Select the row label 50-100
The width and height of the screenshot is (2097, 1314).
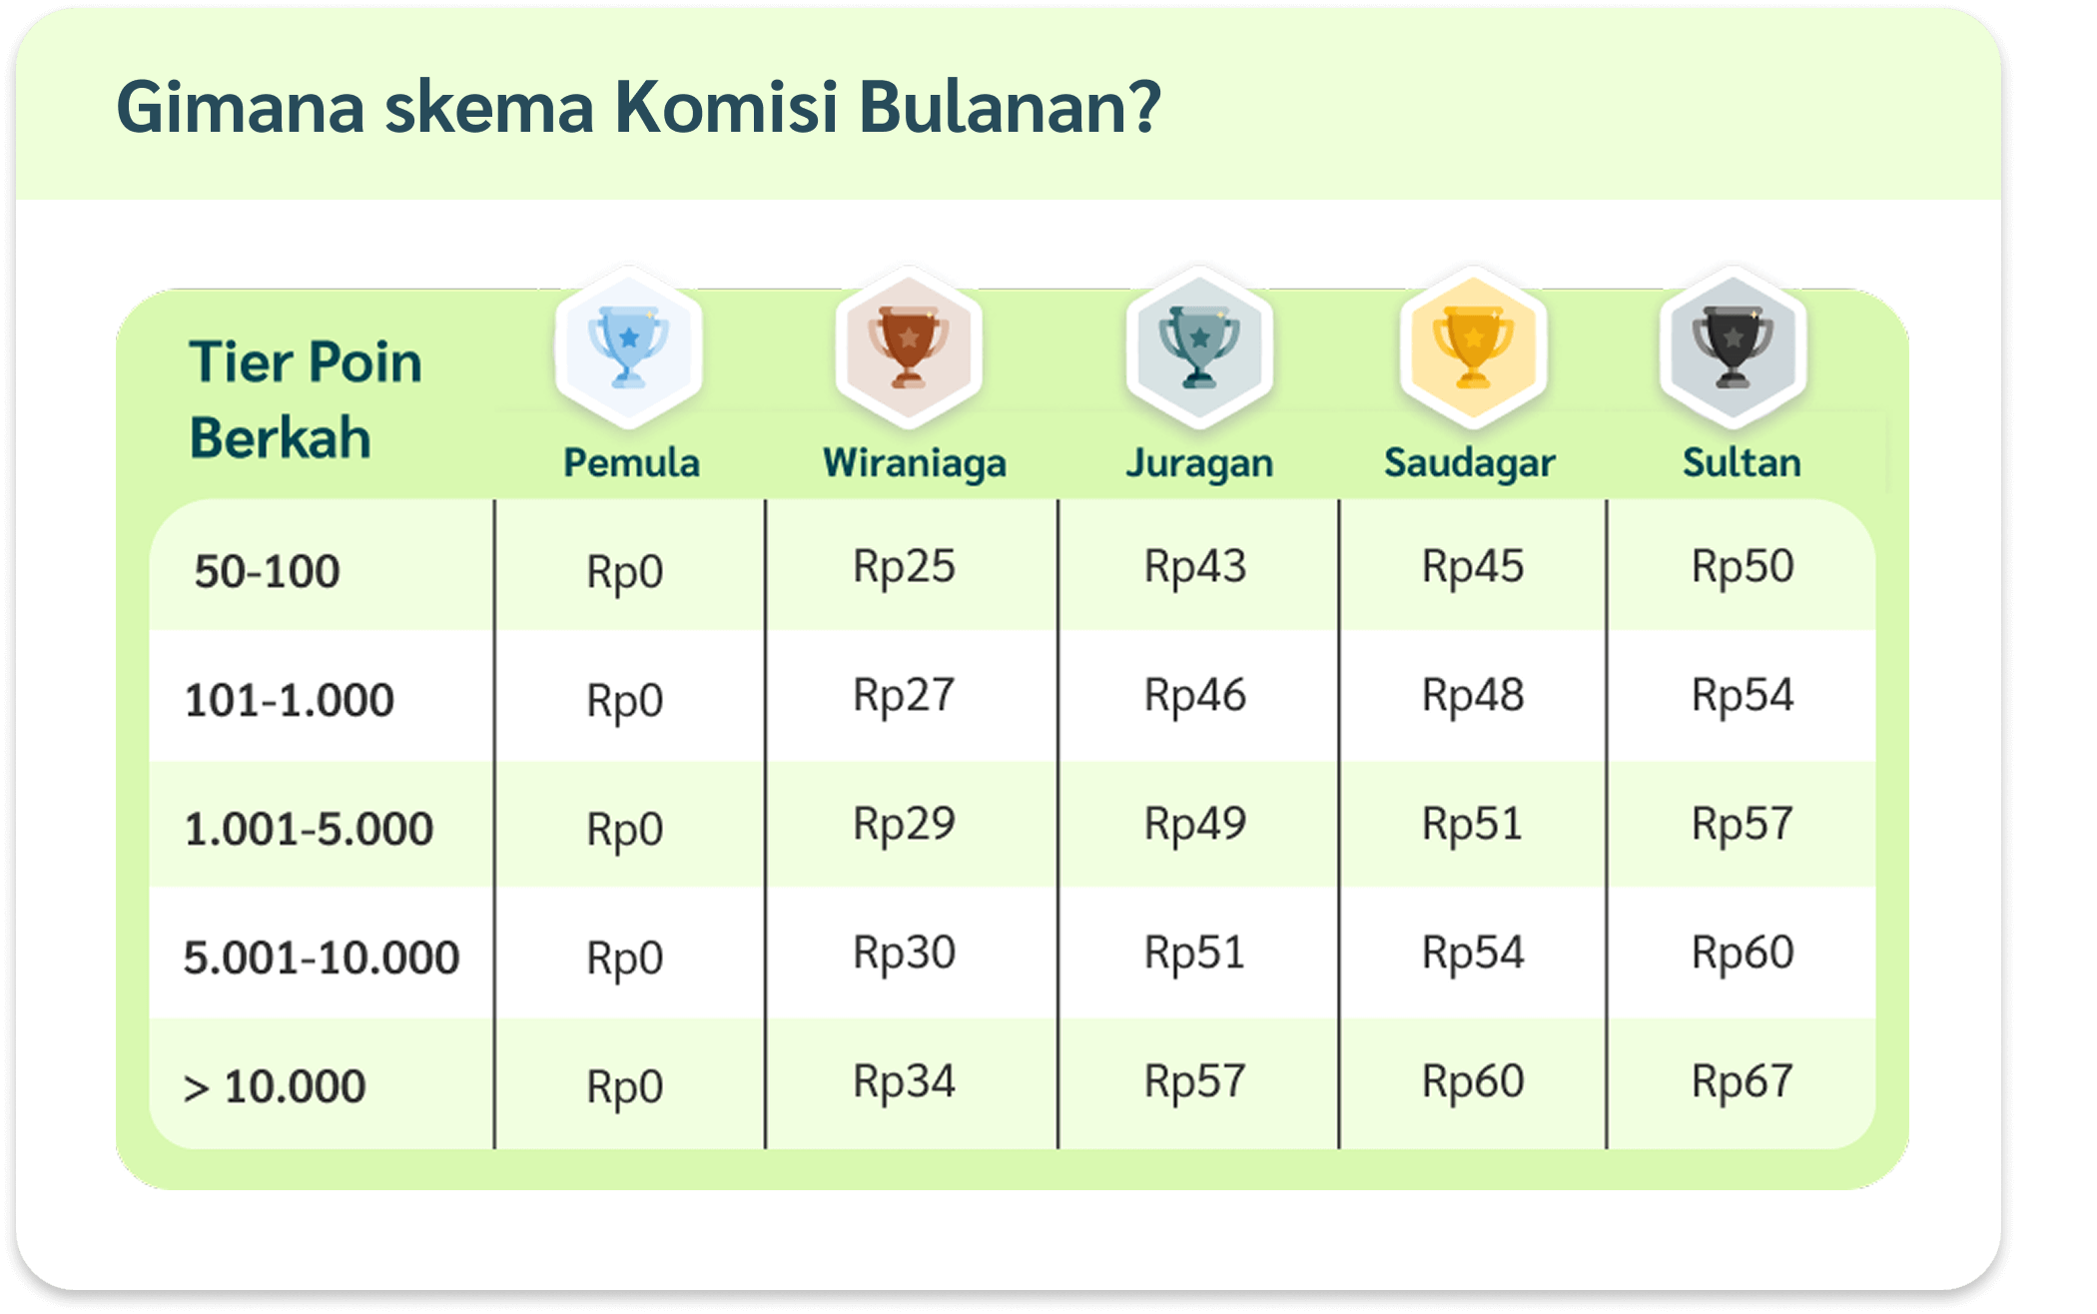click(x=267, y=571)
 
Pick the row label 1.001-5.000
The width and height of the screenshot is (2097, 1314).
click(x=309, y=829)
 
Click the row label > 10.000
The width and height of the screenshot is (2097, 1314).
click(x=275, y=1086)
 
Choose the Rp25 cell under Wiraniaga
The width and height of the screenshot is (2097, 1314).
click(x=904, y=567)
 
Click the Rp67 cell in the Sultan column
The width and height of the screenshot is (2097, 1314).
click(x=1743, y=1081)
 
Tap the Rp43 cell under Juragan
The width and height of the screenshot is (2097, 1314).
click(x=1195, y=567)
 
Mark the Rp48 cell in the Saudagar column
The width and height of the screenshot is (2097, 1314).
click(x=1473, y=695)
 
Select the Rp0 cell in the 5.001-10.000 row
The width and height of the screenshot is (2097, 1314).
click(x=624, y=959)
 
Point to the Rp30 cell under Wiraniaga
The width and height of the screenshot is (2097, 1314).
click(x=904, y=953)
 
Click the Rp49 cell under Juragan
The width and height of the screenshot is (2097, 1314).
click(x=1195, y=825)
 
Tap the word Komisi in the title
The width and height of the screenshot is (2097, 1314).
click(x=726, y=106)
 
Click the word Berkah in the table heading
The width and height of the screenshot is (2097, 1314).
click(x=281, y=437)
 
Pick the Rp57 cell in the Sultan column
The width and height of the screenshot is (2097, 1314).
click(x=1743, y=825)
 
